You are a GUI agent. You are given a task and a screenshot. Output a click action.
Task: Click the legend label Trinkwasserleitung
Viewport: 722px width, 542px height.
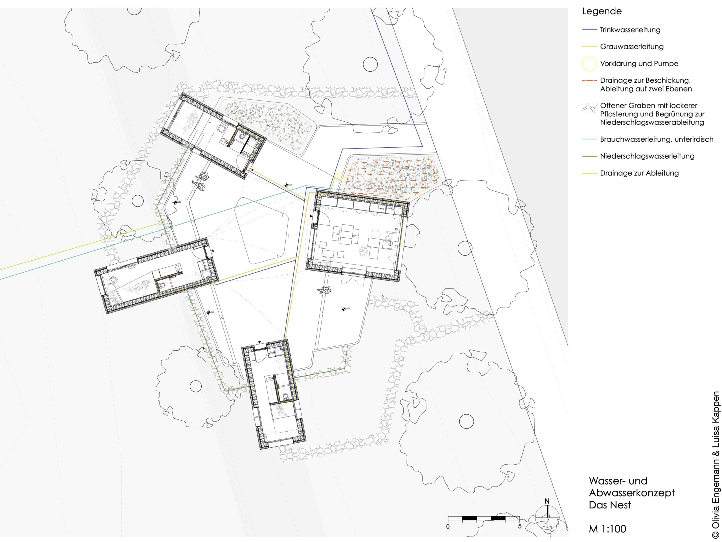630,30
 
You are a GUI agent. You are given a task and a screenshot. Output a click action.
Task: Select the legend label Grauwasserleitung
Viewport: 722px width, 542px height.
631,46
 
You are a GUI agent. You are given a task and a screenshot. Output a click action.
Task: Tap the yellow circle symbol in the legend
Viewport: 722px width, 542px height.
589,64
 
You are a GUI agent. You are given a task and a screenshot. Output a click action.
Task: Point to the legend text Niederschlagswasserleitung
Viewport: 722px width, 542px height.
647,156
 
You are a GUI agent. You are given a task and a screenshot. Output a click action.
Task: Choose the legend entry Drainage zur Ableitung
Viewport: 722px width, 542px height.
639,173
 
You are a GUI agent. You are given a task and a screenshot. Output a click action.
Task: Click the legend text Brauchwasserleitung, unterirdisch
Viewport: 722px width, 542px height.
656,139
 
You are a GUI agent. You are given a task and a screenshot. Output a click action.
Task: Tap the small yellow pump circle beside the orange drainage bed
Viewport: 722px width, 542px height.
339,176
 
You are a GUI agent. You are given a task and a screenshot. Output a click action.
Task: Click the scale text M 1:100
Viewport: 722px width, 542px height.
607,529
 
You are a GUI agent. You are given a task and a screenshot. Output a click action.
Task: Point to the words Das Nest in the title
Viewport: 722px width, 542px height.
610,505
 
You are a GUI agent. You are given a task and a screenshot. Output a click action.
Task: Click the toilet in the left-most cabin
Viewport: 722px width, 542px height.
162,286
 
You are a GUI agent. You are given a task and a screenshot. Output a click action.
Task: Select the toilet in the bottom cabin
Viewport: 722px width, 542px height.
286,396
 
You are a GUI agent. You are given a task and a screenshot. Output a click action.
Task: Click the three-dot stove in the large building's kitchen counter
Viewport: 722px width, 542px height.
382,208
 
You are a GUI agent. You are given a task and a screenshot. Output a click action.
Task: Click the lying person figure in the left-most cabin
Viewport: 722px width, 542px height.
139,287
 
